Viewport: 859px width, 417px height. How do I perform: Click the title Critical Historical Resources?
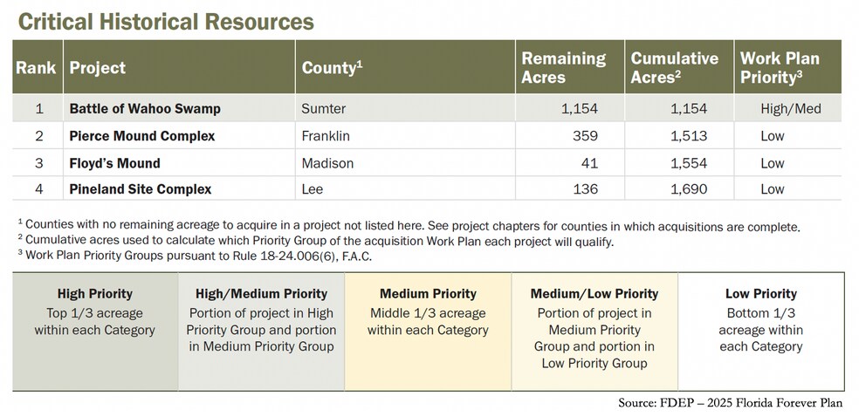click(166, 21)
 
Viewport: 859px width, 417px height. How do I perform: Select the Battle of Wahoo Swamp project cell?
click(145, 109)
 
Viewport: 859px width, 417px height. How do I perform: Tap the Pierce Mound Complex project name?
click(142, 136)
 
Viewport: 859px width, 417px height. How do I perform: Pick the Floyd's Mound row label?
click(115, 163)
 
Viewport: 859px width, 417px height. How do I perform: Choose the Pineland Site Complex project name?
click(141, 189)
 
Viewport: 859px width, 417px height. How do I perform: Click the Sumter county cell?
click(323, 109)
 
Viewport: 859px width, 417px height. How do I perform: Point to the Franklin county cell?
click(326, 136)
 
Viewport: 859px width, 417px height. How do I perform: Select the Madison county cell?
click(327, 163)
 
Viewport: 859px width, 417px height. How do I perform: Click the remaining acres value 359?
click(585, 136)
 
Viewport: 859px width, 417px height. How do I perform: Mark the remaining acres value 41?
click(589, 163)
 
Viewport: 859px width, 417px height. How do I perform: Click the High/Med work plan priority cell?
click(791, 109)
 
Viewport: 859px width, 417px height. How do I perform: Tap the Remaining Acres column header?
click(563, 67)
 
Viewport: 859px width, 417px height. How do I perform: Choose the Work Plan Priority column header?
click(780, 67)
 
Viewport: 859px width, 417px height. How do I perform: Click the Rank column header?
click(36, 67)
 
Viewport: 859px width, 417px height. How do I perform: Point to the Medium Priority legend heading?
click(428, 294)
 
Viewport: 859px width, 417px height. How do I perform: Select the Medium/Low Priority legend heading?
click(594, 294)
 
